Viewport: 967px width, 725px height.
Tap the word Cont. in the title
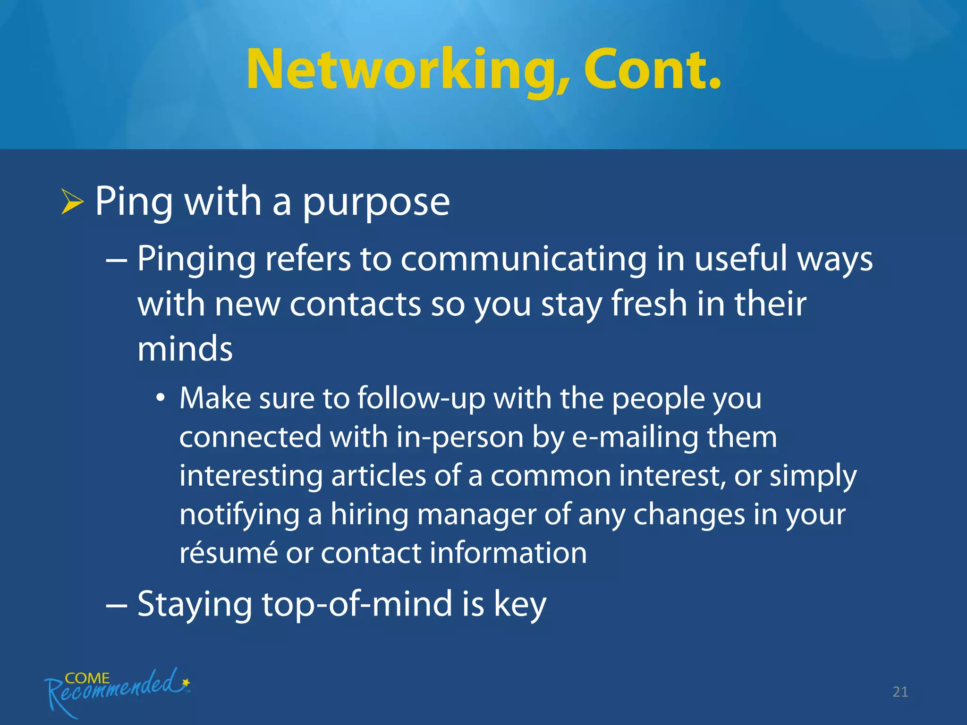click(x=652, y=69)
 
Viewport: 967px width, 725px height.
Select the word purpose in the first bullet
click(x=376, y=203)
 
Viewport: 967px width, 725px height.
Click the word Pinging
click(x=196, y=260)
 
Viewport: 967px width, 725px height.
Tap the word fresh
click(x=649, y=304)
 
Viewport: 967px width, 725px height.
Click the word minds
click(x=185, y=349)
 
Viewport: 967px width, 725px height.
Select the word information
click(x=508, y=553)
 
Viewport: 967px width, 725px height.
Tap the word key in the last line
click(x=520, y=606)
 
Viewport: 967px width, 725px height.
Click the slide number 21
click(x=900, y=692)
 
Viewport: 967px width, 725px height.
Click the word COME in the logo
click(x=87, y=678)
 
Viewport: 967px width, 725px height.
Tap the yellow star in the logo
click(x=186, y=683)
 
